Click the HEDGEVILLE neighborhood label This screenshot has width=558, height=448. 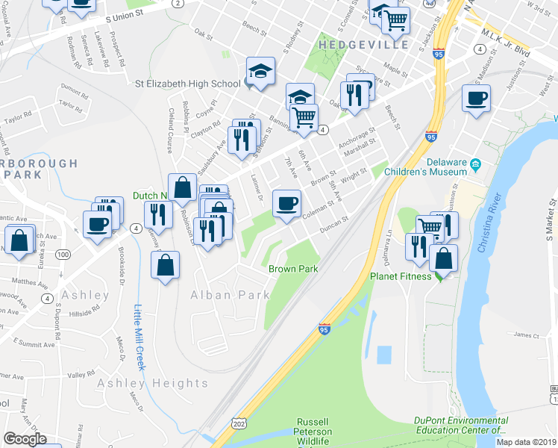pyautogui.click(x=364, y=45)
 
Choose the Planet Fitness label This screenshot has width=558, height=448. pyautogui.click(x=401, y=276)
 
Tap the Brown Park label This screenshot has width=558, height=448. pyautogui.click(x=289, y=269)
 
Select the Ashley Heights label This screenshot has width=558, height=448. pyautogui.click(x=153, y=383)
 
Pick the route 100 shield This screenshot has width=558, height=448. pyautogui.click(x=63, y=255)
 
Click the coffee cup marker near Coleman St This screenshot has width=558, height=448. pyautogui.click(x=287, y=203)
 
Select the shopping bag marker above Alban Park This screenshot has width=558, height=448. pyautogui.click(x=166, y=265)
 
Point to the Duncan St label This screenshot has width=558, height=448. pyautogui.click(x=333, y=223)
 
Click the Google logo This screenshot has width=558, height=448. pyautogui.click(x=25, y=439)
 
